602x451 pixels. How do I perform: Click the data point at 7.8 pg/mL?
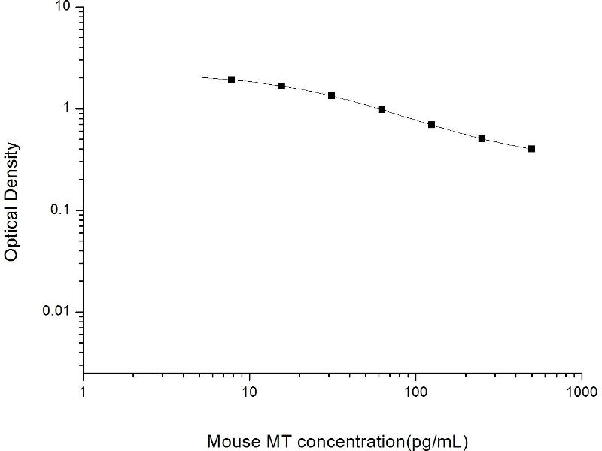coord(231,80)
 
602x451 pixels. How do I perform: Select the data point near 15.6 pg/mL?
coord(281,86)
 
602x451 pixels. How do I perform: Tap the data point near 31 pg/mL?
coord(331,95)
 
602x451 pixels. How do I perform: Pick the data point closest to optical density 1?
coord(382,109)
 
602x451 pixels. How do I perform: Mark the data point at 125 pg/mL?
coord(431,124)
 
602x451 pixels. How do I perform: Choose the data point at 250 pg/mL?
coord(482,138)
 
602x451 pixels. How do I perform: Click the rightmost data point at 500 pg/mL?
coord(531,149)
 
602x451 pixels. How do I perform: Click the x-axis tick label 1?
coord(83,392)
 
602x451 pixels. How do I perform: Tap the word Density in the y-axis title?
coord(12,168)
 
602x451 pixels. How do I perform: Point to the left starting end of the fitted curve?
coord(201,77)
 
